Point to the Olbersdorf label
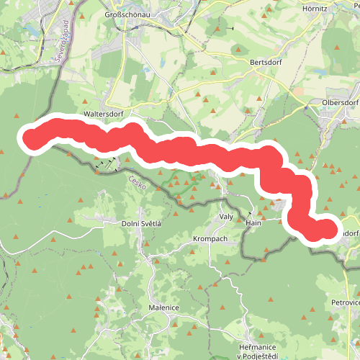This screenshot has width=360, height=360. tap(341, 103)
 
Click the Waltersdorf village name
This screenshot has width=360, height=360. tap(104, 114)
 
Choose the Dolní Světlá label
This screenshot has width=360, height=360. tap(142, 224)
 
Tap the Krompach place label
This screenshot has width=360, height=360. tap(210, 238)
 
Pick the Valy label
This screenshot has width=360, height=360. tap(226, 217)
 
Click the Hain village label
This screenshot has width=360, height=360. tap(253, 223)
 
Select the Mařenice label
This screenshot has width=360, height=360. tap(163, 308)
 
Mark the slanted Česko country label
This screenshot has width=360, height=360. tap(138, 184)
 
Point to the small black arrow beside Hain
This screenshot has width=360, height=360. tap(250, 214)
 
